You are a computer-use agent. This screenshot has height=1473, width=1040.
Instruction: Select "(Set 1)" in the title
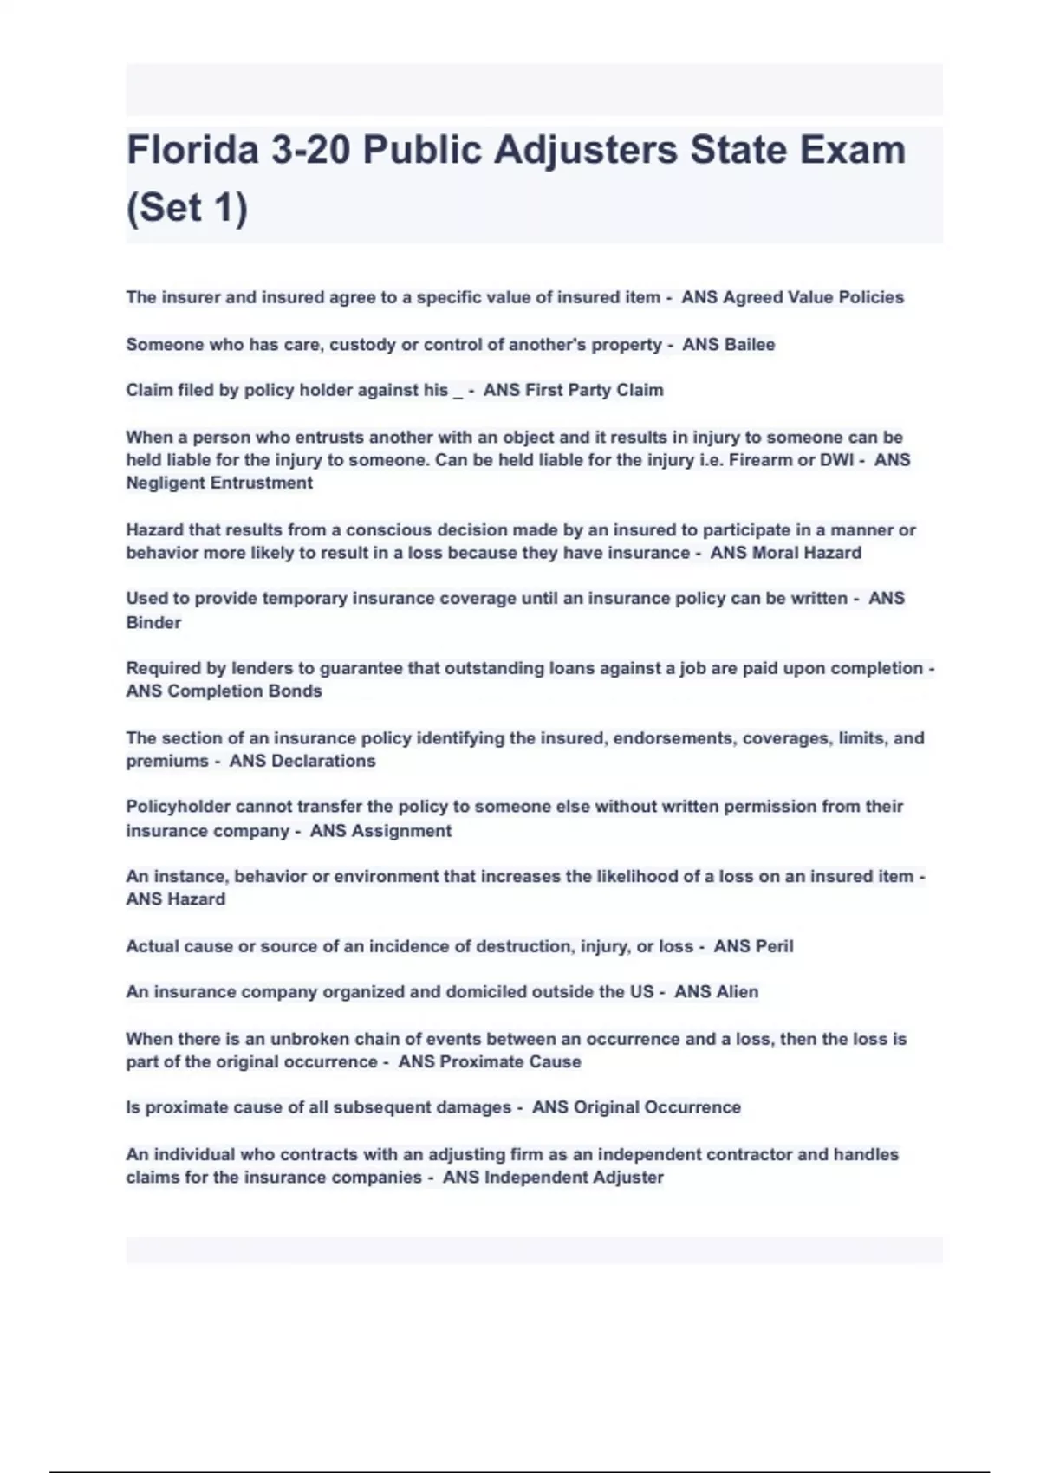pos(187,208)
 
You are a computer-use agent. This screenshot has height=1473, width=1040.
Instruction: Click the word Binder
pos(153,622)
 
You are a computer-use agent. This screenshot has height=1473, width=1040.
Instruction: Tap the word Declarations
pos(323,761)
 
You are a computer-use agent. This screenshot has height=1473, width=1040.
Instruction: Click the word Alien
pos(737,991)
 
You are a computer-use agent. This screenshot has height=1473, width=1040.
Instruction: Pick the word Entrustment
pos(260,483)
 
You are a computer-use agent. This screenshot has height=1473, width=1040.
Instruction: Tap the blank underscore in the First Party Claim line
pos(458,392)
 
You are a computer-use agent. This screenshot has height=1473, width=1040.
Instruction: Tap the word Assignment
pos(404,831)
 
